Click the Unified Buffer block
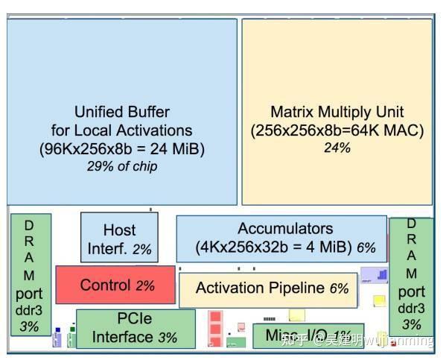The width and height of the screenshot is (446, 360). pos(121,112)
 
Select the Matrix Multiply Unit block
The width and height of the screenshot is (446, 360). pos(337,112)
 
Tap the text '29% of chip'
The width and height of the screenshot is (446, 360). pos(121,166)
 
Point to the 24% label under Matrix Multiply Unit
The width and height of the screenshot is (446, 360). pos(337,148)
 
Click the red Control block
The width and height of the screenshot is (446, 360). pos(115,285)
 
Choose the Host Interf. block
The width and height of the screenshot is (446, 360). pos(119,239)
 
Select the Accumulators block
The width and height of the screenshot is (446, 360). pos(281,239)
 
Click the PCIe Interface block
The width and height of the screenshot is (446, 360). pos(136,329)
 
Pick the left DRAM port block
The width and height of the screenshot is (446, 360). pos(30,274)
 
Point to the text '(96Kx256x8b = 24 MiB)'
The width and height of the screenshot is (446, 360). pos(121,149)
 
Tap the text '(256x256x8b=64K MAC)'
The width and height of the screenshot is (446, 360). pos(337,130)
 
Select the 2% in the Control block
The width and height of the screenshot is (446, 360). pos(145,285)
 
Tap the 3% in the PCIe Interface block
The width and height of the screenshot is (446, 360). pos(168,338)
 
